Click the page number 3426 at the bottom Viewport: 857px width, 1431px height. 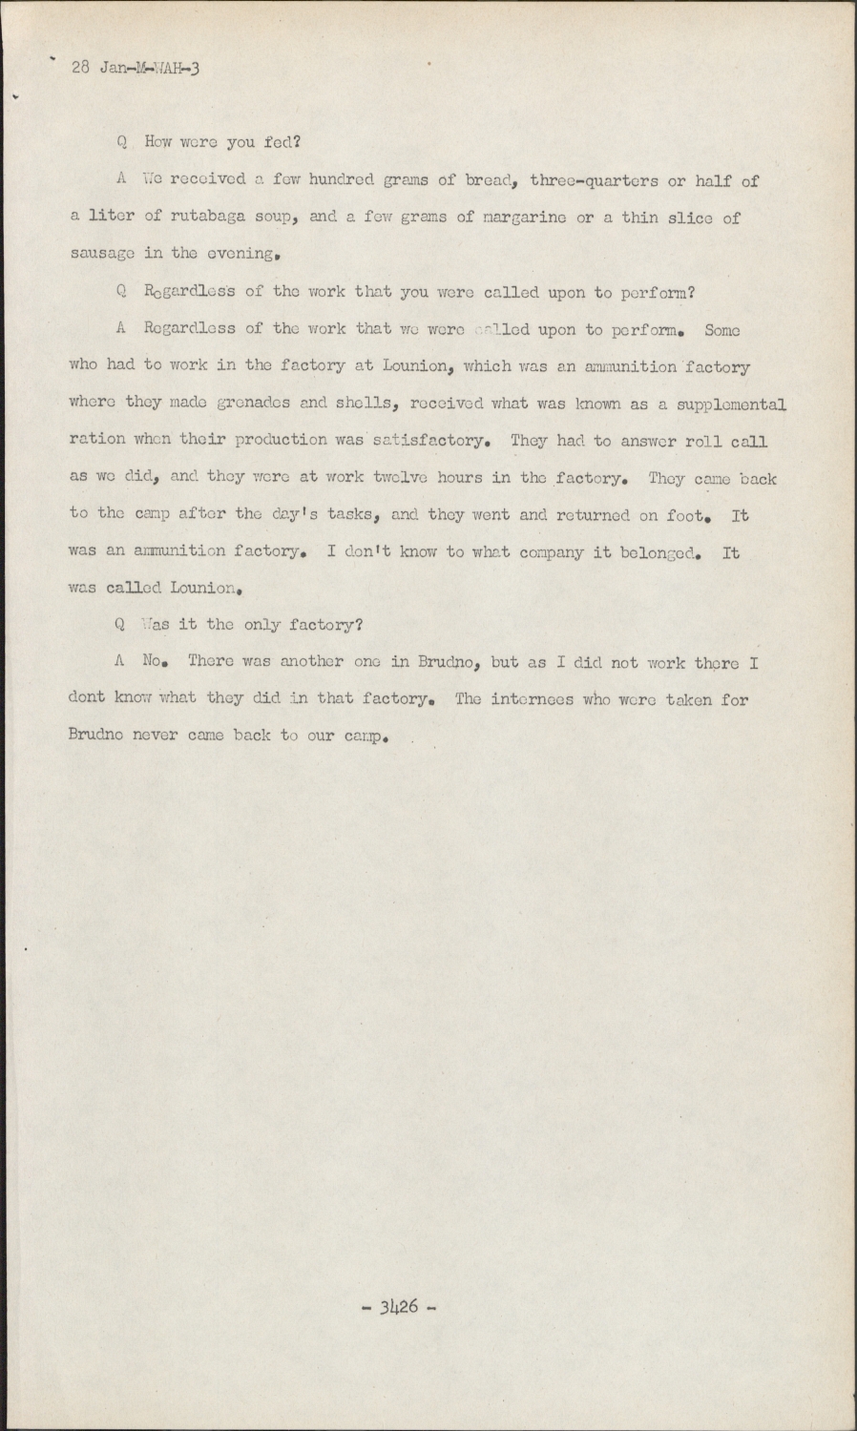click(x=400, y=1307)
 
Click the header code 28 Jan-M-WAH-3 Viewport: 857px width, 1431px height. click(x=135, y=68)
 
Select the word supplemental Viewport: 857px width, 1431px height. click(x=731, y=404)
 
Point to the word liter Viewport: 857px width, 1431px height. click(x=112, y=218)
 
